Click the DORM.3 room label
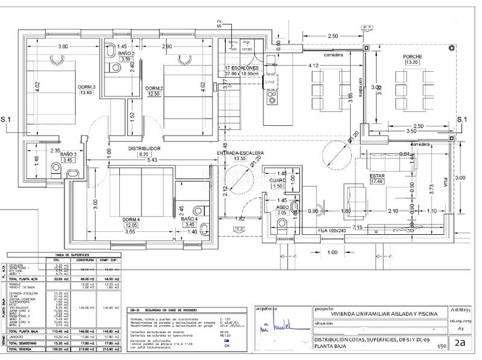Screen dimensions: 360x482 pos(87,87)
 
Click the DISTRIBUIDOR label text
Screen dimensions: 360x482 pos(143,147)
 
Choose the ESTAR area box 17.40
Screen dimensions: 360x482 pos(377,181)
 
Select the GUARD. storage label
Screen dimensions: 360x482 pos(278,180)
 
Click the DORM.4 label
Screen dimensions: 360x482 pos(131,218)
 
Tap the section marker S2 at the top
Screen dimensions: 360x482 pos(220,24)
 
